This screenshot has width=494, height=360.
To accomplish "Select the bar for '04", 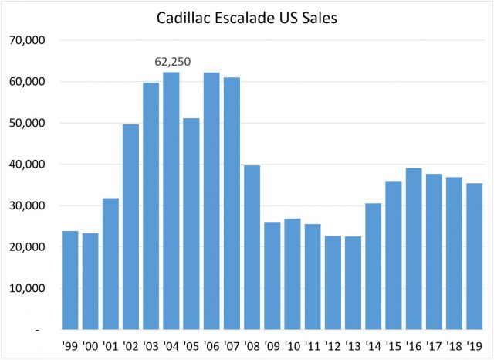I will point(171,201).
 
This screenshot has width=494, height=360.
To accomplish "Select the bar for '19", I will point(475,256).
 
